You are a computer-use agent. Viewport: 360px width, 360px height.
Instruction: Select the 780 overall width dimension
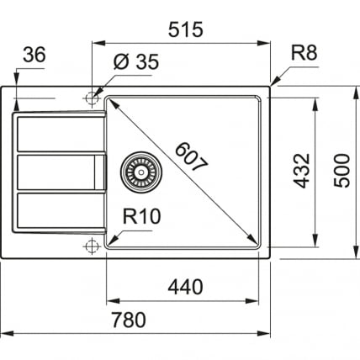130,320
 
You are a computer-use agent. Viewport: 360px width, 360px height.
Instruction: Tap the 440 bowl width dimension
185,287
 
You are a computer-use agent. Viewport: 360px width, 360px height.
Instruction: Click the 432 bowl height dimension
304,171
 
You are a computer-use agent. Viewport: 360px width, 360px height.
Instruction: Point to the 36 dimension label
34,55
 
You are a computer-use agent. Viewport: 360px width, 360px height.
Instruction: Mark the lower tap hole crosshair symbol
91,246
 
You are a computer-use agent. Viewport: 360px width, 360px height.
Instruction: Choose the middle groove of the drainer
55,172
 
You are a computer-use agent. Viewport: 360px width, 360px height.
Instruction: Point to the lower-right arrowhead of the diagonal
256,239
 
